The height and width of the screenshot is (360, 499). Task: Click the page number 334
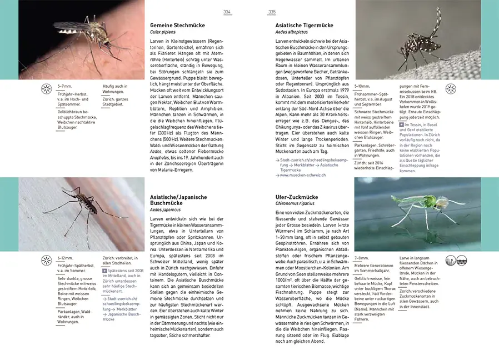227,12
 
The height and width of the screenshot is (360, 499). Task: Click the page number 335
272,12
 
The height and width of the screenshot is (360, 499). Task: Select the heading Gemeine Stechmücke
177,26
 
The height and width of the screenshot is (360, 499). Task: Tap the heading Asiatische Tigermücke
304,26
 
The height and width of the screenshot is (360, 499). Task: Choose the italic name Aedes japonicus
166,211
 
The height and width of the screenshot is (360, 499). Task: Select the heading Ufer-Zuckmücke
297,197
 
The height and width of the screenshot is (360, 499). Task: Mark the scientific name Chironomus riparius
297,204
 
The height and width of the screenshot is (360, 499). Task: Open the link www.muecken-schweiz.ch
302,175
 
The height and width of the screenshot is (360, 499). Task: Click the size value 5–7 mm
65,86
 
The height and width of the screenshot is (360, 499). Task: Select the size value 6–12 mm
66,258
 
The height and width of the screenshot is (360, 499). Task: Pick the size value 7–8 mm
362,258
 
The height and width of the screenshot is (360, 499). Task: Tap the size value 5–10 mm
363,86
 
